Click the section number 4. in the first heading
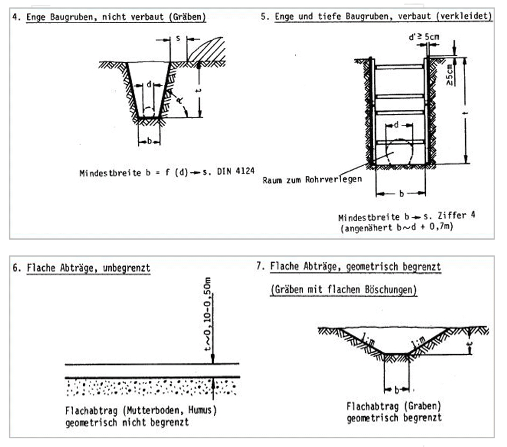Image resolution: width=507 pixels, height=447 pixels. [16, 17]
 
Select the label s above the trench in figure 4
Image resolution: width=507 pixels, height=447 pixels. [178, 39]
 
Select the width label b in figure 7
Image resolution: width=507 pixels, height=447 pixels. [396, 388]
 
